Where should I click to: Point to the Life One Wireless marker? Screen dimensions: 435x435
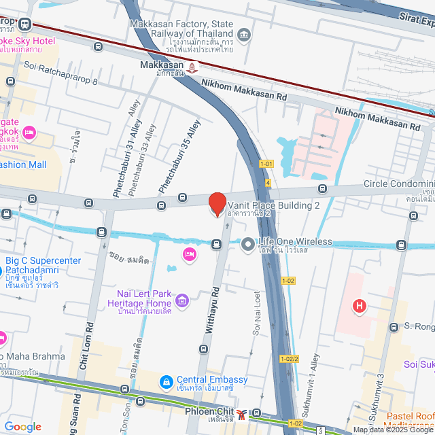click(x=248, y=243)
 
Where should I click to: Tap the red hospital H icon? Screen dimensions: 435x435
click(x=359, y=307)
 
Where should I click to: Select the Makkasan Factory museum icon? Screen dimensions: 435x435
click(x=244, y=35)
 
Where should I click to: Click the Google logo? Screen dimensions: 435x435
click(x=22, y=427)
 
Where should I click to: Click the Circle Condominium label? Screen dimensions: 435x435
click(x=398, y=184)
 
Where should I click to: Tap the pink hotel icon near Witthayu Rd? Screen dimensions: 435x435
click(x=190, y=254)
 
